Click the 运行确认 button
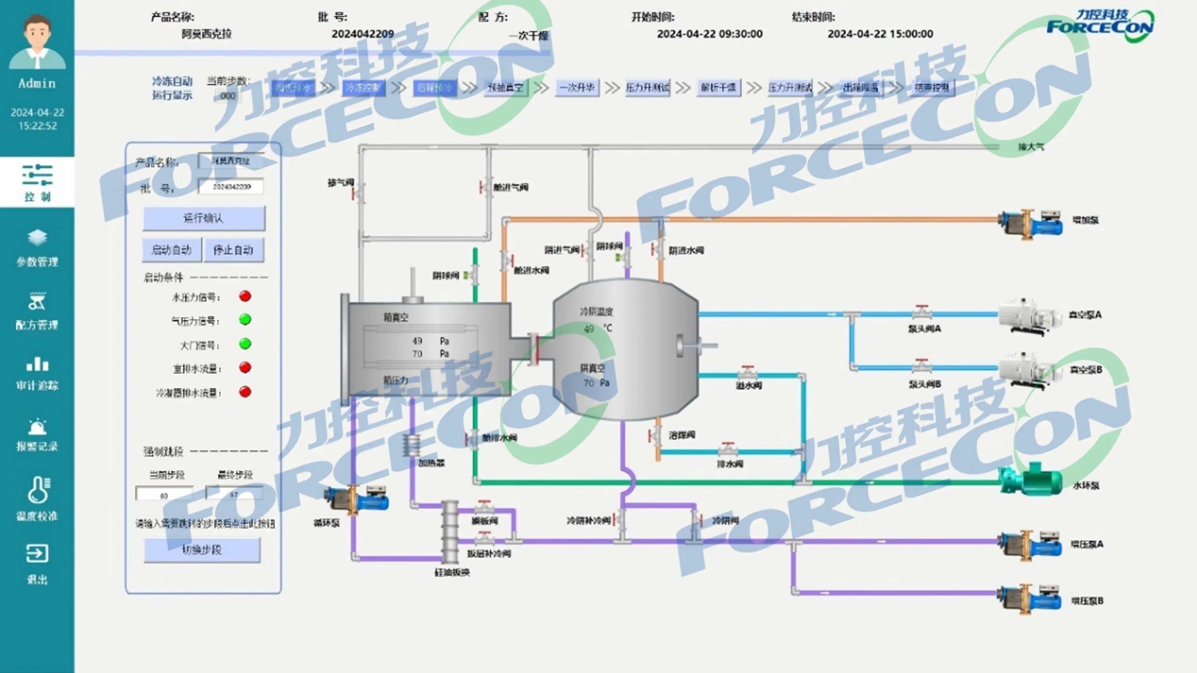[204, 218]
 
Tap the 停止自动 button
[233, 250]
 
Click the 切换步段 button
[202, 550]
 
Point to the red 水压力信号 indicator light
[245, 296]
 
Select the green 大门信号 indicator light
[245, 344]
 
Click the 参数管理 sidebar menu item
[37, 248]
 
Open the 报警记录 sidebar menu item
[37, 435]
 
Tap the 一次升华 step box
[577, 87]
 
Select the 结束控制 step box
[932, 87]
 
